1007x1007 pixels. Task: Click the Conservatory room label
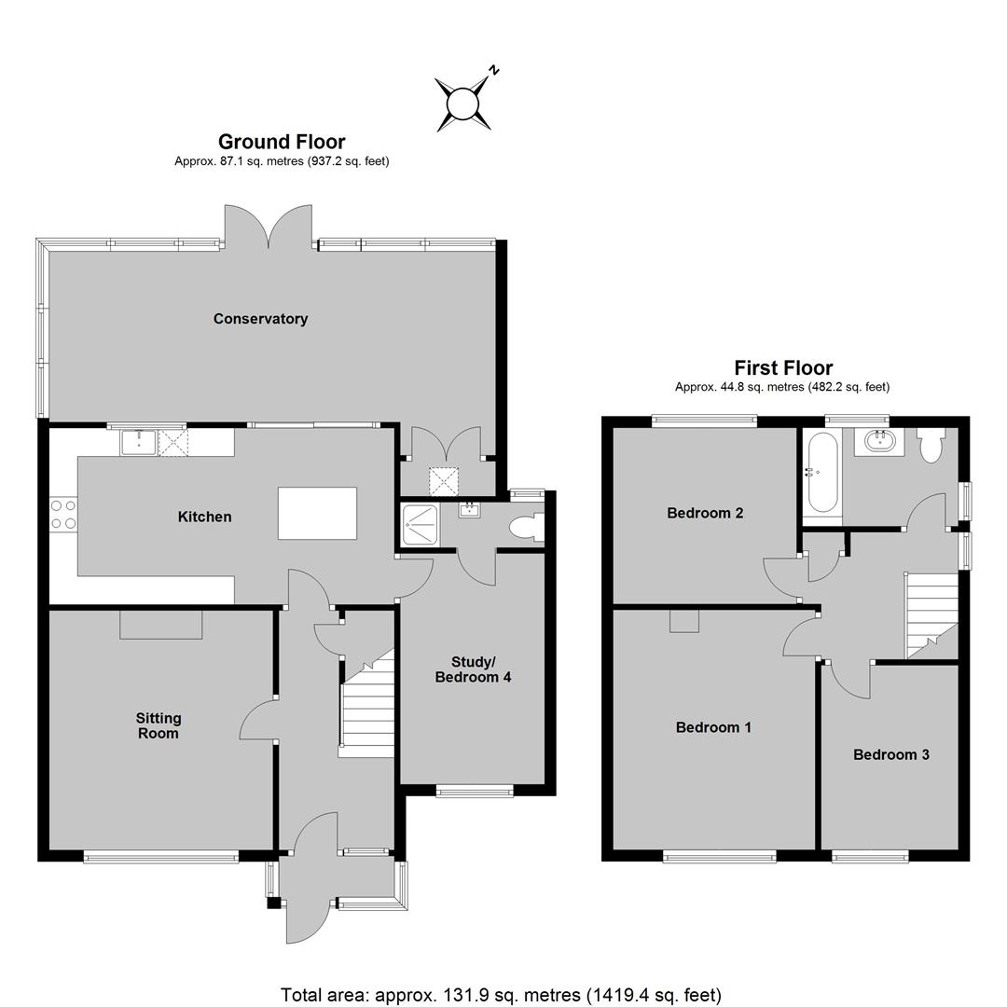(260, 319)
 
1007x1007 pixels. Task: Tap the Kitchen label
(204, 517)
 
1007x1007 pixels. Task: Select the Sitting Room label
(158, 725)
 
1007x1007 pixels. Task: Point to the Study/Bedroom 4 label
(474, 669)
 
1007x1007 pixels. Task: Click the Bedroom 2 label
(705, 513)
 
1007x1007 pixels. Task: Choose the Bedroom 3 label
(890, 754)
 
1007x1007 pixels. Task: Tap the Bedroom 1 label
(713, 727)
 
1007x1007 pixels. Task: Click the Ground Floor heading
(282, 142)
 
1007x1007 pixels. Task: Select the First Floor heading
(783, 367)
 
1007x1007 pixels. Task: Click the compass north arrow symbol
(463, 103)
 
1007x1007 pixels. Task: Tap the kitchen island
(317, 513)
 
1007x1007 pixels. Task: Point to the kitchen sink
(139, 442)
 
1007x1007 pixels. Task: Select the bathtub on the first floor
(822, 472)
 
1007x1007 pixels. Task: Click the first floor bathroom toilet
(930, 445)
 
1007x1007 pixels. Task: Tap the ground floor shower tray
(420, 525)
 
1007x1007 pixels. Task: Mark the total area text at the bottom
(501, 995)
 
